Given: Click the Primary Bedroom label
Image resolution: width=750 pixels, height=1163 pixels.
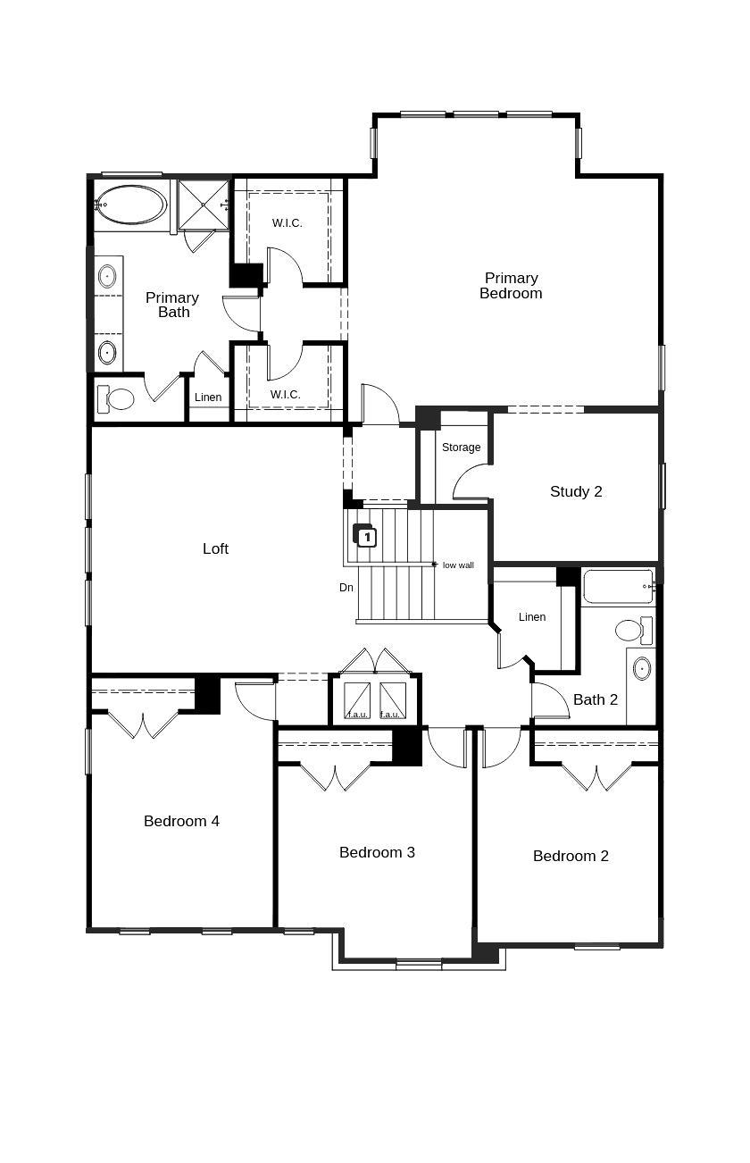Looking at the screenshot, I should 511,286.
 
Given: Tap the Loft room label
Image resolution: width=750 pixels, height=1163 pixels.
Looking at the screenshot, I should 215,548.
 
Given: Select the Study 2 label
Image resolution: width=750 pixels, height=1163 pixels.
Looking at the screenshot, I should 576,491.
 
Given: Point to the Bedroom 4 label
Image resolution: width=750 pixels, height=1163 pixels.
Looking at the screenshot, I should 181,821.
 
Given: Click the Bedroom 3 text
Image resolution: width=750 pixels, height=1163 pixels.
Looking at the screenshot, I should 377,852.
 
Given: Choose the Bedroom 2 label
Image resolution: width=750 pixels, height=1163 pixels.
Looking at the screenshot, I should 571,856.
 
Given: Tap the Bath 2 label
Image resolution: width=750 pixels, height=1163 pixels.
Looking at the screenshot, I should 596,699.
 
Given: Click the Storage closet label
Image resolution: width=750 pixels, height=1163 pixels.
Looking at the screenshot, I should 461,447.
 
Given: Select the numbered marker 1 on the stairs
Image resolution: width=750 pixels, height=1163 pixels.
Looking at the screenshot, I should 366,537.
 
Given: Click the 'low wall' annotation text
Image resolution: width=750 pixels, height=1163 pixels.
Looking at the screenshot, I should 458,565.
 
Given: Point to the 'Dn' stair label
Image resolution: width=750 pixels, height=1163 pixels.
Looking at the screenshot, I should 346,588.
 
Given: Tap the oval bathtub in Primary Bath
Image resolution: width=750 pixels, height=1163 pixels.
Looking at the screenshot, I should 131,205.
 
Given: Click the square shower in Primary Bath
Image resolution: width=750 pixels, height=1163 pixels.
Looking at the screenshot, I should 203,205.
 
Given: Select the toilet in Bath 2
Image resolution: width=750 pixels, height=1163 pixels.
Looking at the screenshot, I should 633,631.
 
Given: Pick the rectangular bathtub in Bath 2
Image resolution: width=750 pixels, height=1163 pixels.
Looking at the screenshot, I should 618,587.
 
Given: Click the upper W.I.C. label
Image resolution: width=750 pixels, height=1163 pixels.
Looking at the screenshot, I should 287,222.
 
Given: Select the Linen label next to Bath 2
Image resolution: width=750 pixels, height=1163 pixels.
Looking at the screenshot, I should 531,617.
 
